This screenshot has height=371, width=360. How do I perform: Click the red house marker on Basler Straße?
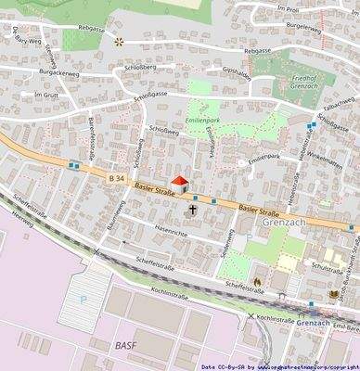179,185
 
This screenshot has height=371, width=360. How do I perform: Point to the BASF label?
126,346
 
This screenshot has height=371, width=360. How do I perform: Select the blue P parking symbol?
84,300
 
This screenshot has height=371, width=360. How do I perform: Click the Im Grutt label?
45,96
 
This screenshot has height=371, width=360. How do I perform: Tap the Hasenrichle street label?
172,233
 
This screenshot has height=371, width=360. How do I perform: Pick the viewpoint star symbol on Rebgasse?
119,42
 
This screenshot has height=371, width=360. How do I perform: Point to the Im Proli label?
287,7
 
